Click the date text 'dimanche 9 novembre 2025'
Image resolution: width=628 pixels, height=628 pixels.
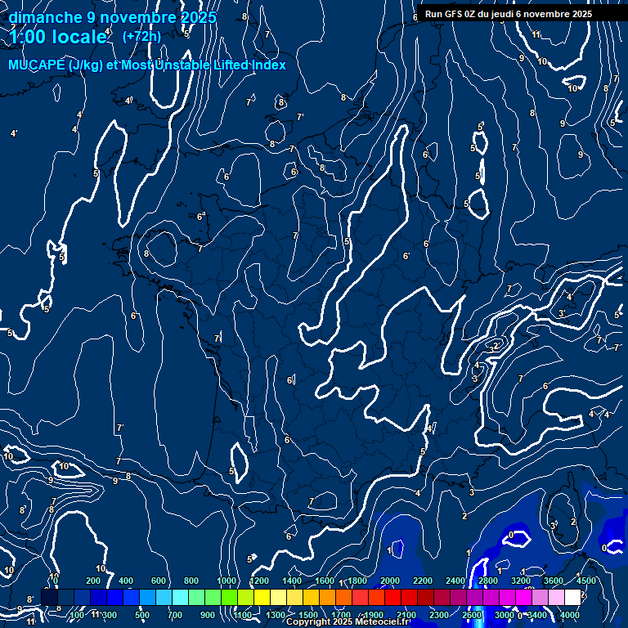[x=112, y=17]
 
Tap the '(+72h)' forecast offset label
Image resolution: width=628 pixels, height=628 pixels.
[x=141, y=36]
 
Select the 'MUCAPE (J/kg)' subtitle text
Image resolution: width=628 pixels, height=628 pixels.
[x=55, y=65]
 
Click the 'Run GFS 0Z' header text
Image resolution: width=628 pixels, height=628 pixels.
[x=455, y=14]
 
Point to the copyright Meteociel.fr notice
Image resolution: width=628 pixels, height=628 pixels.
[x=347, y=622]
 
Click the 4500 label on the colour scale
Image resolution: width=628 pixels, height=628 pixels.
[x=586, y=581]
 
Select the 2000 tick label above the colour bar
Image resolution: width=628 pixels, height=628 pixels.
[x=390, y=581]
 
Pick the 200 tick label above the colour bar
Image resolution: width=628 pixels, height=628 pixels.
[x=93, y=581]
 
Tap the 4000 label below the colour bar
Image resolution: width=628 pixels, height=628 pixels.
[x=570, y=615]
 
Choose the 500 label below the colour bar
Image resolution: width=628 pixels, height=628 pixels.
[x=142, y=615]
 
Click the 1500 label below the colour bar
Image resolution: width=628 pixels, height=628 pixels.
[x=308, y=615]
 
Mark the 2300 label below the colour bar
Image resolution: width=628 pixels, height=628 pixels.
[x=439, y=615]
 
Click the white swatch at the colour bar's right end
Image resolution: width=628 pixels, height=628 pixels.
[x=572, y=598]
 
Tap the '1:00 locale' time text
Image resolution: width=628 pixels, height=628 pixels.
[x=58, y=37]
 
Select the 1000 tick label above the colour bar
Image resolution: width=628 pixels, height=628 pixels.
[x=227, y=581]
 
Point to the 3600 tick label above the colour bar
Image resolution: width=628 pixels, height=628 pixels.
[x=554, y=581]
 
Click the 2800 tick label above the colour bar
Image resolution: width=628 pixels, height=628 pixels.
[x=488, y=581]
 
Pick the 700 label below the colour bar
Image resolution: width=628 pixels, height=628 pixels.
[x=175, y=615]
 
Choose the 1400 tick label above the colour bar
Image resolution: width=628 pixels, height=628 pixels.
[x=292, y=581]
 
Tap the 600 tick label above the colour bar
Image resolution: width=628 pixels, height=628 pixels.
[x=159, y=581]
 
